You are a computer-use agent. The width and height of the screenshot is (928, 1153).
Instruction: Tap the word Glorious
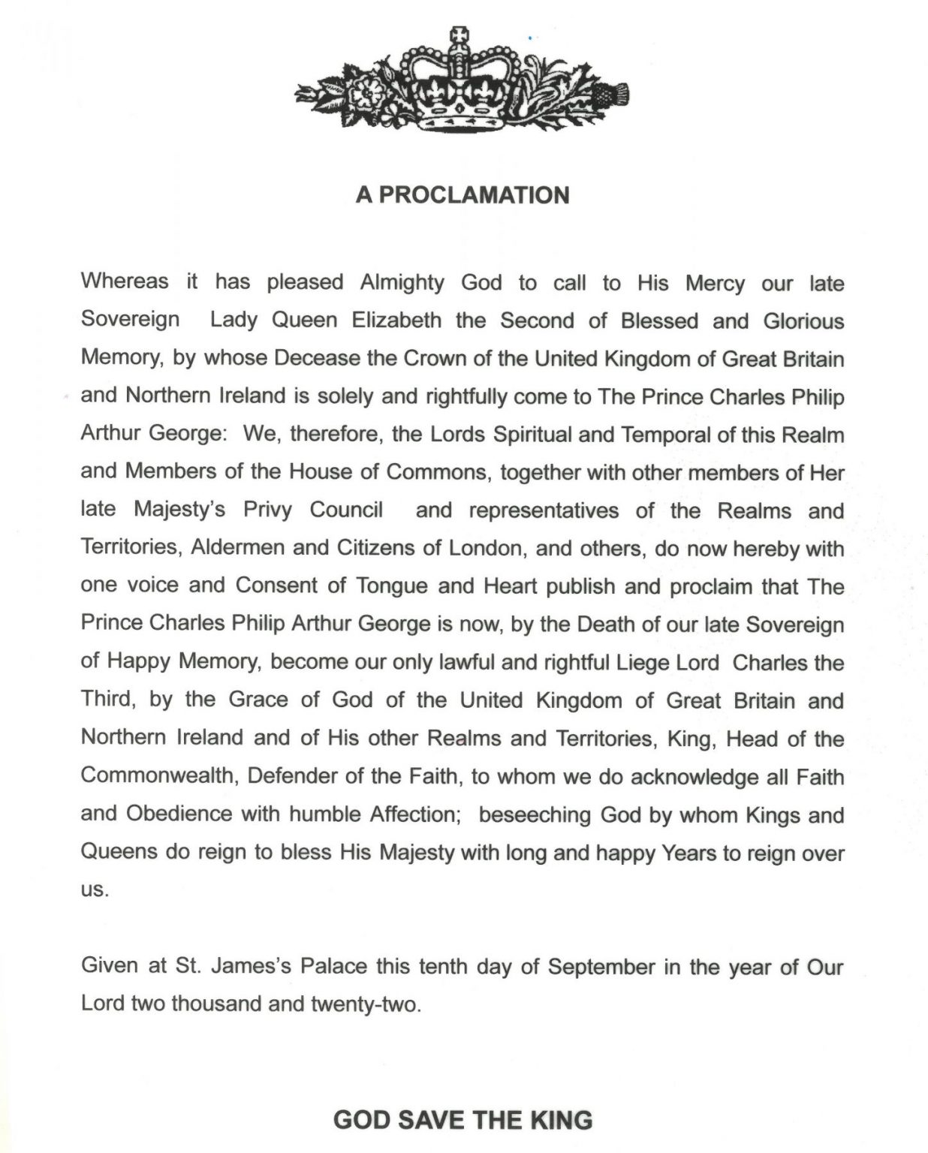803,321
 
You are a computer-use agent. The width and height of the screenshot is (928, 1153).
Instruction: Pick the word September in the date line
601,966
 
